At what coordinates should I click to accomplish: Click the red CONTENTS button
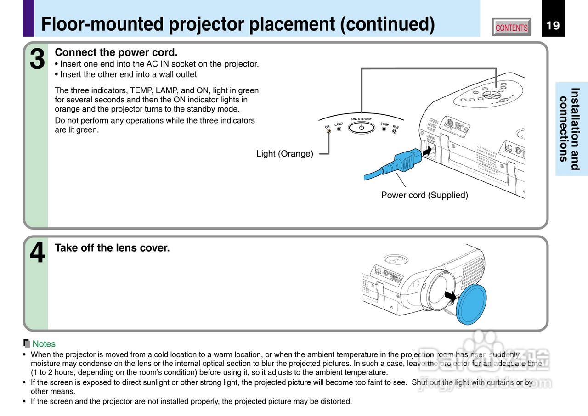511,28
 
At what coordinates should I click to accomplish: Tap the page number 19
553,25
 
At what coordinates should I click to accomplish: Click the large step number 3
37,60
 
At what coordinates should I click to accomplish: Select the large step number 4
37,253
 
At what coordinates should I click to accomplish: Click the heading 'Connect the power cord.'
116,52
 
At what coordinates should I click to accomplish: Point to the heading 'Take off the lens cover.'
112,248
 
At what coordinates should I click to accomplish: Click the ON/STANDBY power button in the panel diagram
362,128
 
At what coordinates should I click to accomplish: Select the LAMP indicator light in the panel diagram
339,129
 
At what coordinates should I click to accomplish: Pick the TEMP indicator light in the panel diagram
384,129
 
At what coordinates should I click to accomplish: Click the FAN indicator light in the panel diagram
394,132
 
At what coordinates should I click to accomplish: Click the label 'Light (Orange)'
284,154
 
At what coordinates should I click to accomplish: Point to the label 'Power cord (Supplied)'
424,195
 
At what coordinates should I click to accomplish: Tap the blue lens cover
472,303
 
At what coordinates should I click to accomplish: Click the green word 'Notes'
44,344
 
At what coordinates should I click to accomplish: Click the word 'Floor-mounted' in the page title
102,24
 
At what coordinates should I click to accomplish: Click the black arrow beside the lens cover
451,296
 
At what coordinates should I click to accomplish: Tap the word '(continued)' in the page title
387,24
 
